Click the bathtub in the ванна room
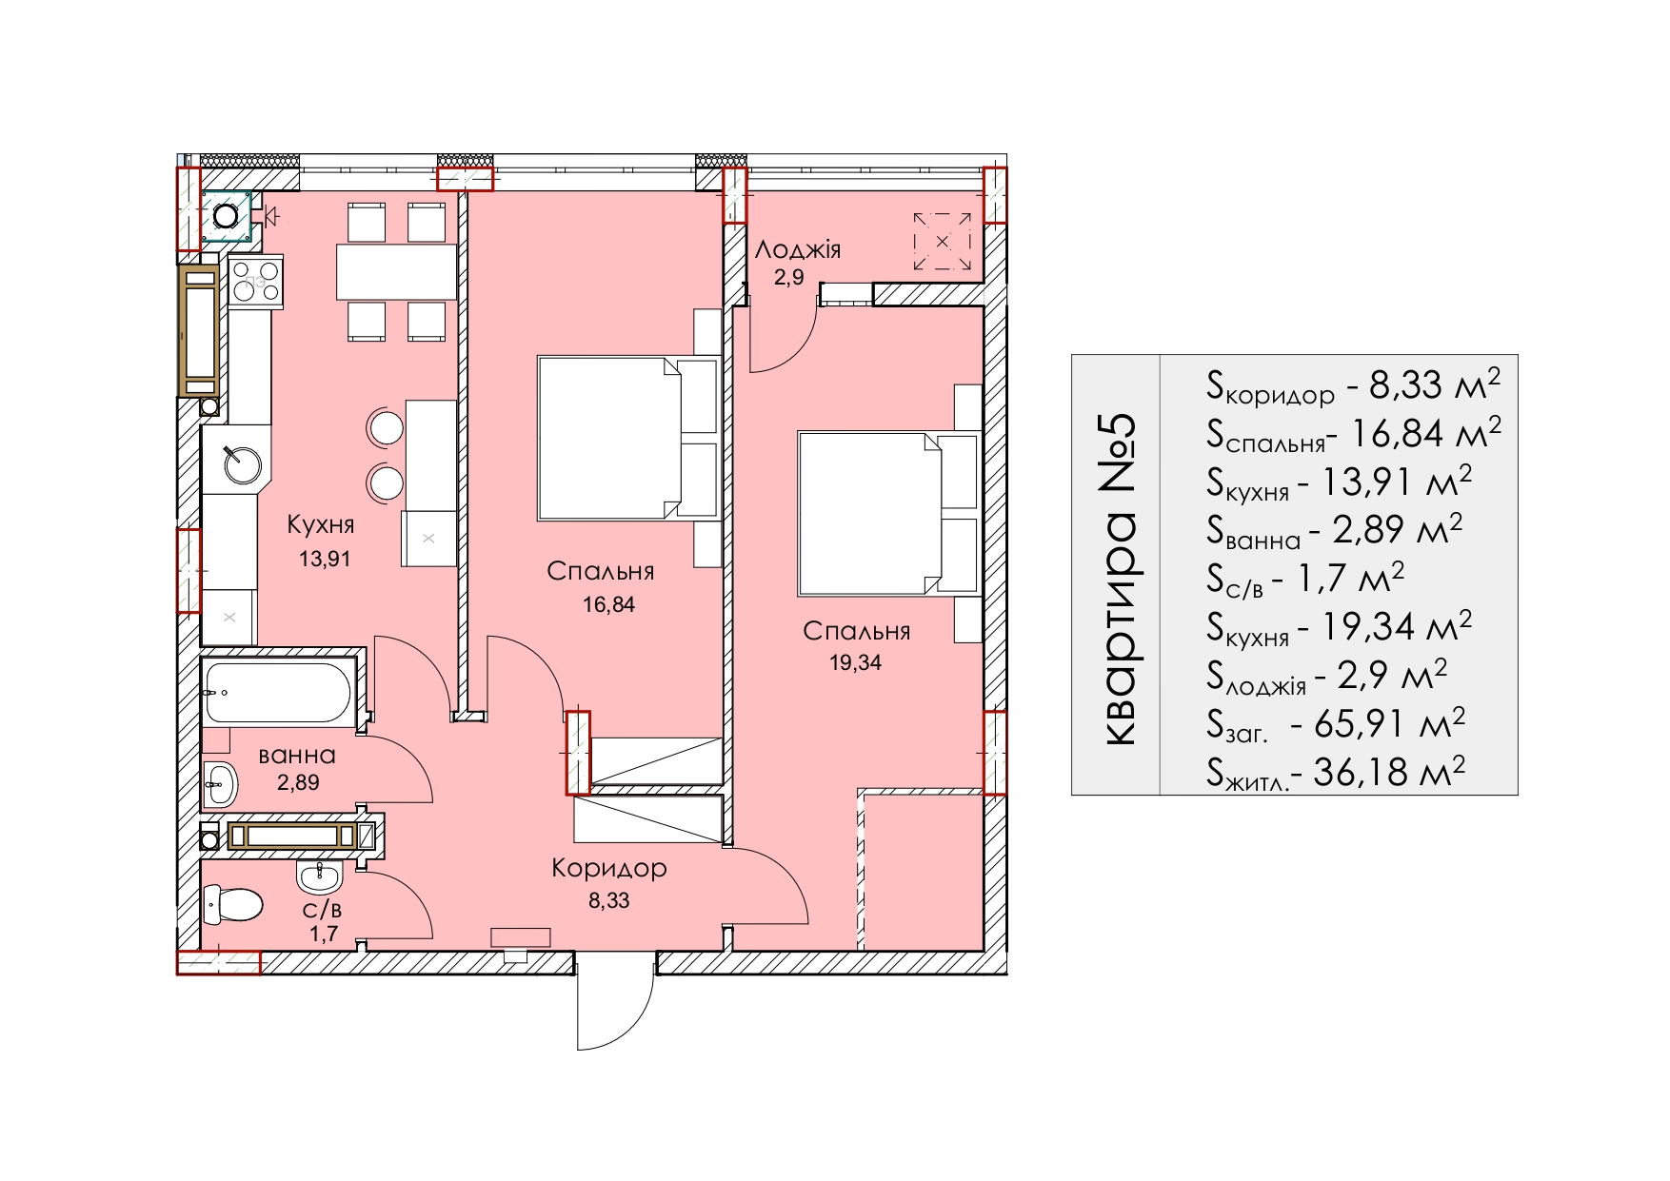[277, 693]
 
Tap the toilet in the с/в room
[233, 904]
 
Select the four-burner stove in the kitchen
[255, 282]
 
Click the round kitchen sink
[242, 465]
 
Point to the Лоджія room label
[798, 249]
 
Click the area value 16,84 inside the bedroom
[609, 604]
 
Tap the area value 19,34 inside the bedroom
[855, 663]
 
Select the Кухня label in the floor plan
[320, 524]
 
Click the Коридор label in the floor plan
[609, 868]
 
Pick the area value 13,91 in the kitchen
[325, 560]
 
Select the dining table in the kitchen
[396, 272]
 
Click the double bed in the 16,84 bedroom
[628, 438]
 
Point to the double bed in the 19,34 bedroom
[889, 514]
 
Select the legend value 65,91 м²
[1389, 724]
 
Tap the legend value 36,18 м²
[1389, 772]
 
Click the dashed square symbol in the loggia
[943, 241]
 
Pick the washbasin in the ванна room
[219, 783]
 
